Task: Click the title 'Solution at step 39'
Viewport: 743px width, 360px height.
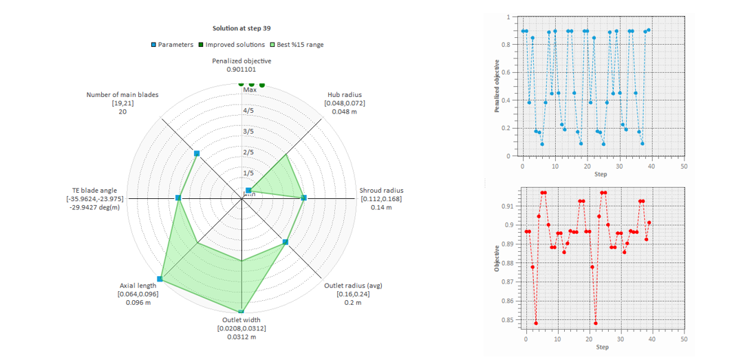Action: point(241,29)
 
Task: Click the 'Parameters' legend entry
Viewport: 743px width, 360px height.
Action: point(172,45)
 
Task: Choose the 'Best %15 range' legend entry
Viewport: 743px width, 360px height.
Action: point(297,45)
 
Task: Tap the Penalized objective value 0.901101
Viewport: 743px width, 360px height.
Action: point(241,70)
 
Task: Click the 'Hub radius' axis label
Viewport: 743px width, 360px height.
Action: point(345,94)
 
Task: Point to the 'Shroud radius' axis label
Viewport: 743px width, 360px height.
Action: point(381,191)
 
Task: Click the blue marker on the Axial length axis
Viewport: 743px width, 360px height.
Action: point(160,279)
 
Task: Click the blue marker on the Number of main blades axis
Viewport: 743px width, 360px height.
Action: point(197,153)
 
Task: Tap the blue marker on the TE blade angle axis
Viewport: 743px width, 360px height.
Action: point(178,198)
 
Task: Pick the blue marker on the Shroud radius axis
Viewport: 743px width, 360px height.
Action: point(303,198)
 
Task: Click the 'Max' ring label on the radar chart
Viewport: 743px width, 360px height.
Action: point(249,89)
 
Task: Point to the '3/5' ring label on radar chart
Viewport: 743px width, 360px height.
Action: point(248,131)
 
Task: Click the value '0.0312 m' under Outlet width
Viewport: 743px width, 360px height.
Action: point(241,337)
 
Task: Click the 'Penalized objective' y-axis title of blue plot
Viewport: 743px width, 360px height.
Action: point(497,86)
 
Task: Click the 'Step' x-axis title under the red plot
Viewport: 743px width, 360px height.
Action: point(601,347)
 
